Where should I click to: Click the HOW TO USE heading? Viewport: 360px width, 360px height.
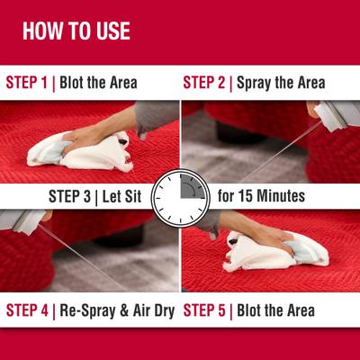(x=76, y=31)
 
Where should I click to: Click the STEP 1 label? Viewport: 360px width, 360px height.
(x=27, y=83)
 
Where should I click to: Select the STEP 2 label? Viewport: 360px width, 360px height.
(x=204, y=83)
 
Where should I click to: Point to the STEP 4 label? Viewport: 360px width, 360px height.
(x=27, y=311)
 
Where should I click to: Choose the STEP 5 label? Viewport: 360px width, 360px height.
(x=204, y=311)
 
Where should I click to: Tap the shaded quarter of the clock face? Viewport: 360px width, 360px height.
(x=190, y=185)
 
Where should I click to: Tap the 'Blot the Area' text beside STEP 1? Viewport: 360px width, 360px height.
(x=98, y=83)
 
